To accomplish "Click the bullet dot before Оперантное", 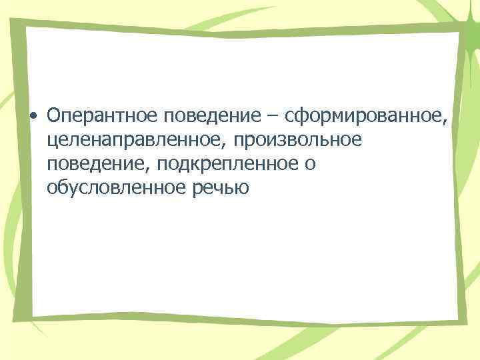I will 32,117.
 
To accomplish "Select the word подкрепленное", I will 228,165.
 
